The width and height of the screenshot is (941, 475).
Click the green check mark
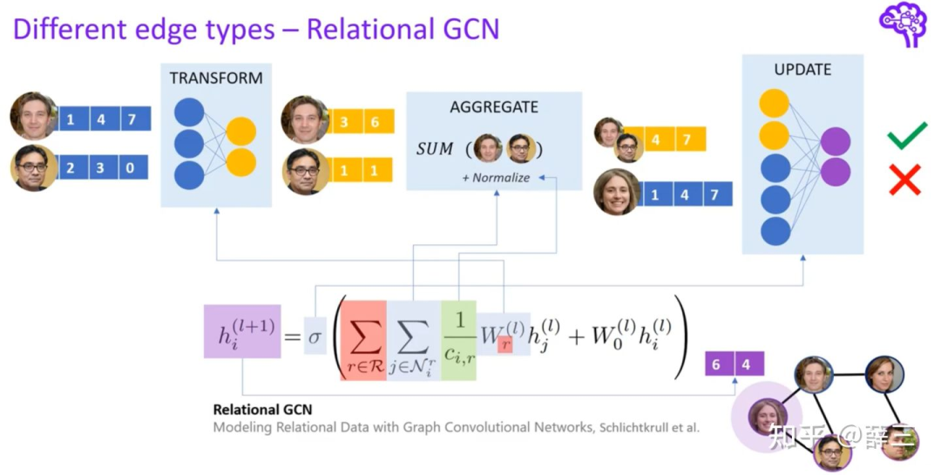pos(906,137)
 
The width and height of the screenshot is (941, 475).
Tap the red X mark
pos(904,179)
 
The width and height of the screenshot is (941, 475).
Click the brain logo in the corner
pos(903,24)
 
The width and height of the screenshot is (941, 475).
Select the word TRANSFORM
pos(216,78)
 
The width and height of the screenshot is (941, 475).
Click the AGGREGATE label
pos(494,107)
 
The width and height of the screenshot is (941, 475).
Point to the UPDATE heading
pos(802,69)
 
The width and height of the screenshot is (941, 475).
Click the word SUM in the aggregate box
pos(435,149)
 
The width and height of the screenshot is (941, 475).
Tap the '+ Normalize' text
pos(496,177)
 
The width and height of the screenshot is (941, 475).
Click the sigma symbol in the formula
pos(315,336)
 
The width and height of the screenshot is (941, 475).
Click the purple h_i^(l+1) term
pos(241,331)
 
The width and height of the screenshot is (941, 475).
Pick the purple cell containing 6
pos(716,364)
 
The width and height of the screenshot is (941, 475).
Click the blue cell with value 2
pos(72,167)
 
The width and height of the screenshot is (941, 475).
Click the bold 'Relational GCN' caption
pos(262,409)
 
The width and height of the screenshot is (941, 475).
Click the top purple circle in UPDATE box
pos(836,141)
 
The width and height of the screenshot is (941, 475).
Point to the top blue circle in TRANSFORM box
pos(189,112)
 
